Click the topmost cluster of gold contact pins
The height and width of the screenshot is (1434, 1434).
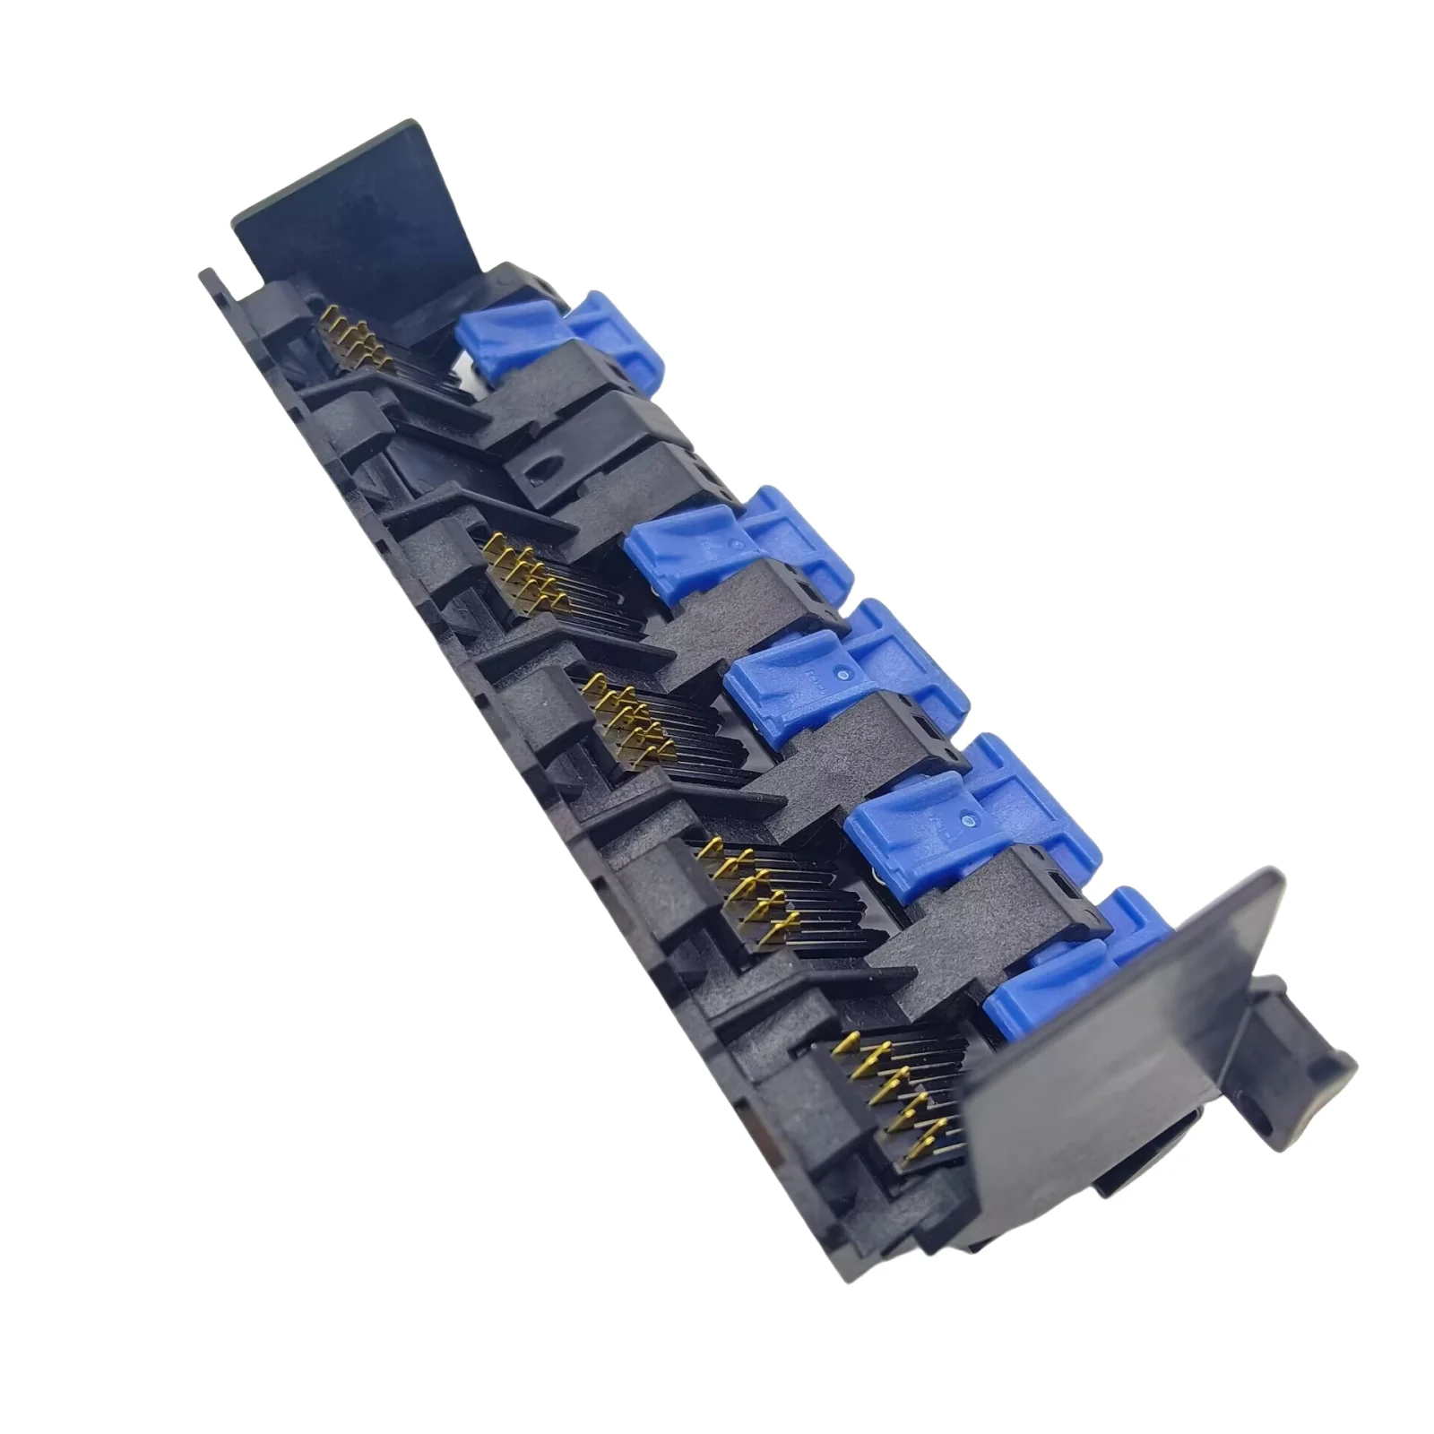pyautogui.click(x=354, y=345)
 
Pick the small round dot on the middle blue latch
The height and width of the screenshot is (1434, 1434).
pyautogui.click(x=842, y=669)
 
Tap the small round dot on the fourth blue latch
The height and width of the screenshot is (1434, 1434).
pyautogui.click(x=967, y=818)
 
